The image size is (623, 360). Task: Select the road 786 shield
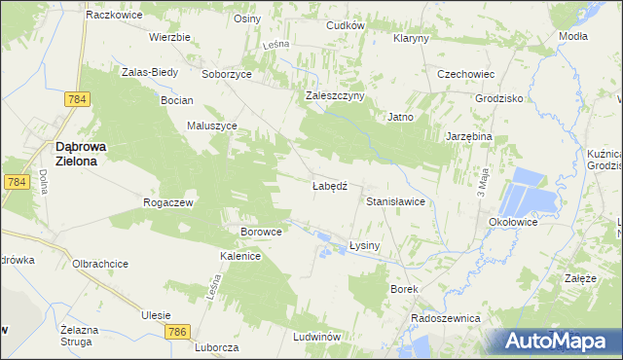coord(176,332)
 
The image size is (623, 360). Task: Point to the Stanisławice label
coord(395,201)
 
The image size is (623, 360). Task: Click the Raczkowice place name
coord(116,16)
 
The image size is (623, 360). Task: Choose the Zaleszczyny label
coord(335,95)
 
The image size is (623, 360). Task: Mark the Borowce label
coord(261,233)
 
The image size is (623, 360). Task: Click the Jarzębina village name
coord(469,137)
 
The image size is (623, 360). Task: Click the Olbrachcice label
coord(101,264)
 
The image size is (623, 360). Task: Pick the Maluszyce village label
coord(212,126)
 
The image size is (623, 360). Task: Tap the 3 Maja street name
coord(481,181)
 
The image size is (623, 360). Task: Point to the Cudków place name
coord(346,25)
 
